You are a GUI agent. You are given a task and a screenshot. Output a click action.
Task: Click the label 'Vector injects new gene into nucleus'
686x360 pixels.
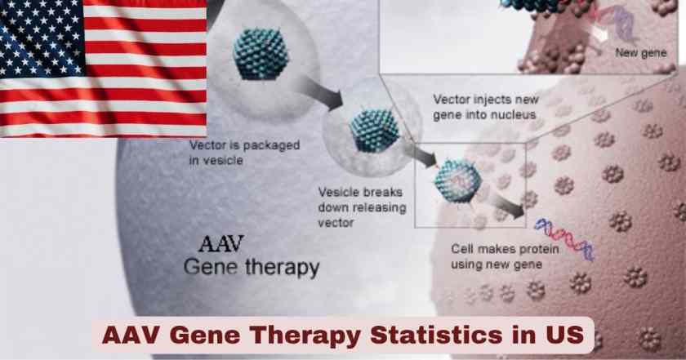coord(483,107)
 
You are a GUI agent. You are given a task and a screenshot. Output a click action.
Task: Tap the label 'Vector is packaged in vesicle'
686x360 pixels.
coord(243,153)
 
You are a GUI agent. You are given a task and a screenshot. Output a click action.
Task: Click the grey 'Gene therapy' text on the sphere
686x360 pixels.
coord(252,267)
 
